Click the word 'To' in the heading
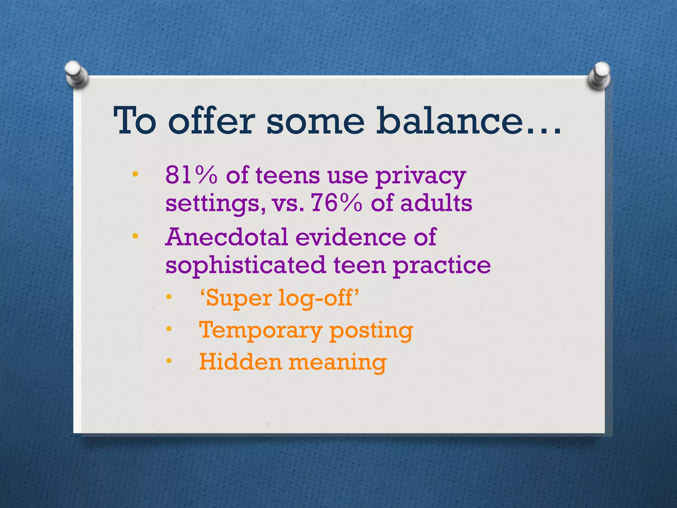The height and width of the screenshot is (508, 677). [x=135, y=121]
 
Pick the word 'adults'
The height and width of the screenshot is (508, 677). [x=436, y=203]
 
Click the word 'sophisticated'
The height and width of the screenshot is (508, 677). [x=246, y=266]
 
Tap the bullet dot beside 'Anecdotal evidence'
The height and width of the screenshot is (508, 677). [x=135, y=236]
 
